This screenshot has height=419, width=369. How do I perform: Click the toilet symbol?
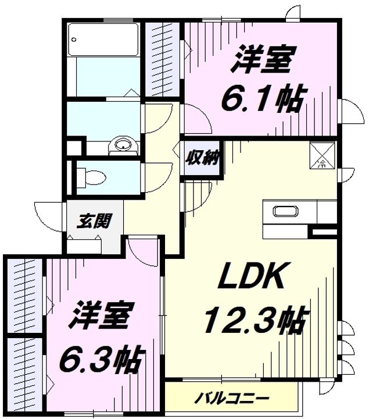tap(91, 177)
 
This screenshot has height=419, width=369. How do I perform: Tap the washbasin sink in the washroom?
tap(123, 145)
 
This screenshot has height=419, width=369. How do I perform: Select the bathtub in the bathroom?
tap(103, 40)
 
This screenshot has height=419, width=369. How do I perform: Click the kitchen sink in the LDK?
tap(285, 211)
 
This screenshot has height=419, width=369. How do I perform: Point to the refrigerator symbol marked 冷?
tap(322, 156)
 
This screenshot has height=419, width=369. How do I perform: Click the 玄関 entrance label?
tap(94, 221)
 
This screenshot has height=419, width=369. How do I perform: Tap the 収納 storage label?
tap(202, 158)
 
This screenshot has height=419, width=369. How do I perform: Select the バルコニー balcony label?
tap(231, 399)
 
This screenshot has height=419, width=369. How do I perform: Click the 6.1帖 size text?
tap(263, 99)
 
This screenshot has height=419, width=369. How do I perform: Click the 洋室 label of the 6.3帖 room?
tap(101, 315)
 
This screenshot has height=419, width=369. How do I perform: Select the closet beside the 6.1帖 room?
tap(163, 59)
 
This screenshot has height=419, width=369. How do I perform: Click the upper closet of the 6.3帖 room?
tap(24, 296)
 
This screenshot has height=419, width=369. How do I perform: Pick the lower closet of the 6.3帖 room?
tap(24, 375)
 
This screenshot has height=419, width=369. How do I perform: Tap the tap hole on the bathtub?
tap(74, 40)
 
